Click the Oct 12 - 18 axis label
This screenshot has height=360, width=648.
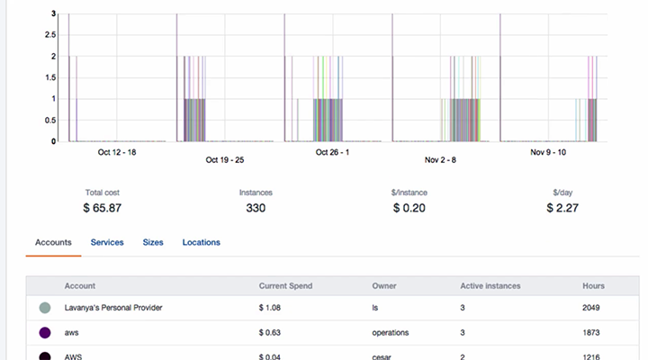[117, 152]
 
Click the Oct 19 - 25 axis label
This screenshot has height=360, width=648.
[225, 160]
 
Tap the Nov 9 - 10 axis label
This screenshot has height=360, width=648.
[549, 152]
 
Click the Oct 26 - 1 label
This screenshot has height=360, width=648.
[334, 152]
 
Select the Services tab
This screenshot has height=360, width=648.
[107, 242]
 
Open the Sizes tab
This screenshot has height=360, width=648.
[153, 242]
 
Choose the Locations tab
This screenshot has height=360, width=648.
[201, 242]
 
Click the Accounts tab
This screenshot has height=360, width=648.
[53, 242]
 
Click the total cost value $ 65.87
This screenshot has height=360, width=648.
[103, 208]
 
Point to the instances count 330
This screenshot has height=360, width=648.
[256, 208]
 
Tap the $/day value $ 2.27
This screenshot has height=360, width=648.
[562, 208]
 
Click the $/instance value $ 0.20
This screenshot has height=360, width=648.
[409, 208]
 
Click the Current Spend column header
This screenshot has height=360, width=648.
[285, 286]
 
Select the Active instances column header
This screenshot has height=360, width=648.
[490, 286]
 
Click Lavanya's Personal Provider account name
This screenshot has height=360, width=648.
[113, 308]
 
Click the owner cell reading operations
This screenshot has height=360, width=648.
[391, 332]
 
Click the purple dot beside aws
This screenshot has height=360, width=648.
[44, 332]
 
